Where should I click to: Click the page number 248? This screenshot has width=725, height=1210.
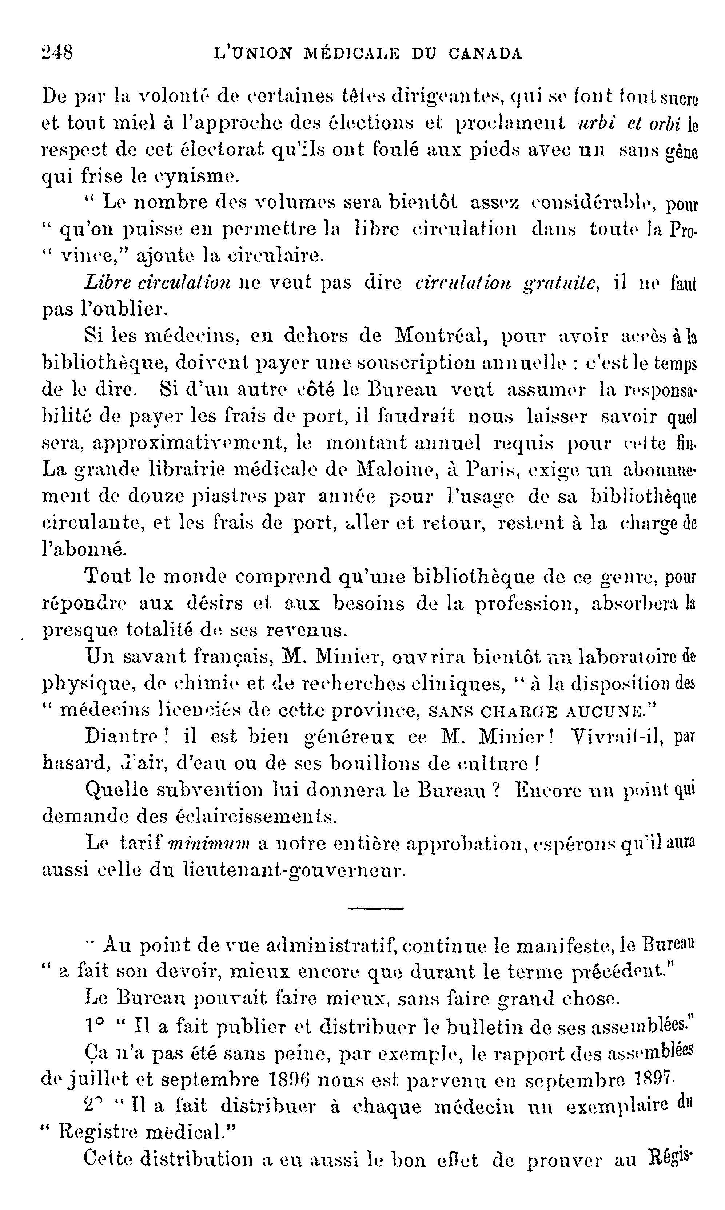click(x=57, y=52)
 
